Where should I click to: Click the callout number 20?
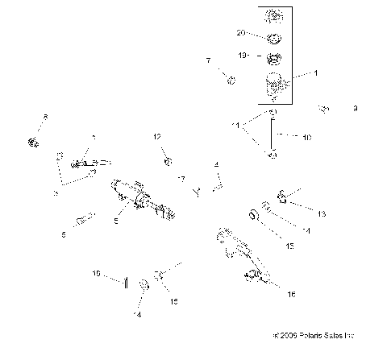pos(240,33)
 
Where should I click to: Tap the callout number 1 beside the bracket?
pos(315,73)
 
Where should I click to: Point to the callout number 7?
pos(207,61)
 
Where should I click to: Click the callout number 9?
pos(355,108)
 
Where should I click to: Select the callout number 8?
pos(45,118)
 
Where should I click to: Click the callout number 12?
pos(158,137)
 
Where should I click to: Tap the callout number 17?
pos(181,178)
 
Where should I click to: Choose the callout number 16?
pos(290,295)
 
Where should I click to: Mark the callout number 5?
pos(115,221)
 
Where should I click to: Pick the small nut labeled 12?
pos(167,162)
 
